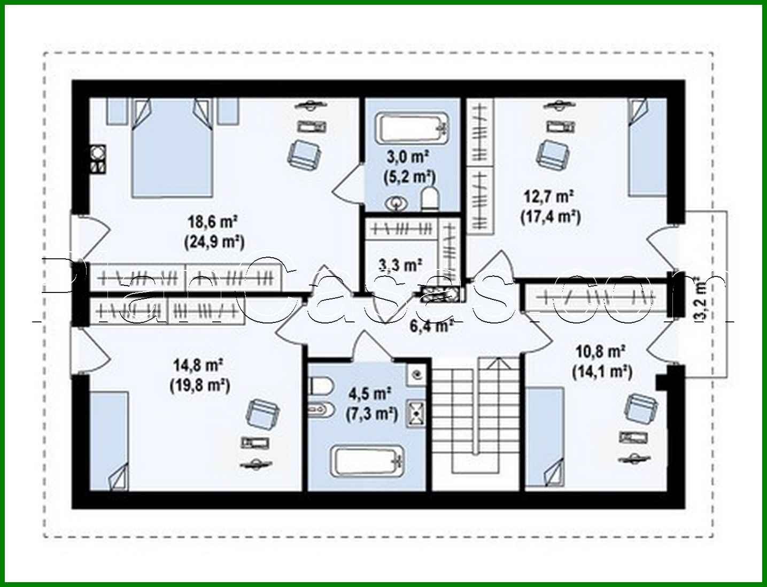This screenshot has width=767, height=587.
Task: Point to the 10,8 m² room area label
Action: pos(601,352)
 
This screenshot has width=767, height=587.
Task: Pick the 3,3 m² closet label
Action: pos(400,264)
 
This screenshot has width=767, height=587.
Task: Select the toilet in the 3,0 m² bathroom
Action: pos(430,198)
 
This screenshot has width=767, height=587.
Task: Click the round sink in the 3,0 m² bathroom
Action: pos(397,203)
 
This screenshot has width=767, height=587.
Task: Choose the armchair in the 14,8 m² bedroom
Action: pos(262,413)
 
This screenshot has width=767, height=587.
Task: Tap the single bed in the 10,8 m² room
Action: pos(545,436)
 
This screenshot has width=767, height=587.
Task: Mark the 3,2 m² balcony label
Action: pos(700,299)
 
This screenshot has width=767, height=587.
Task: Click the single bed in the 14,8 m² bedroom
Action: pos(110,439)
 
